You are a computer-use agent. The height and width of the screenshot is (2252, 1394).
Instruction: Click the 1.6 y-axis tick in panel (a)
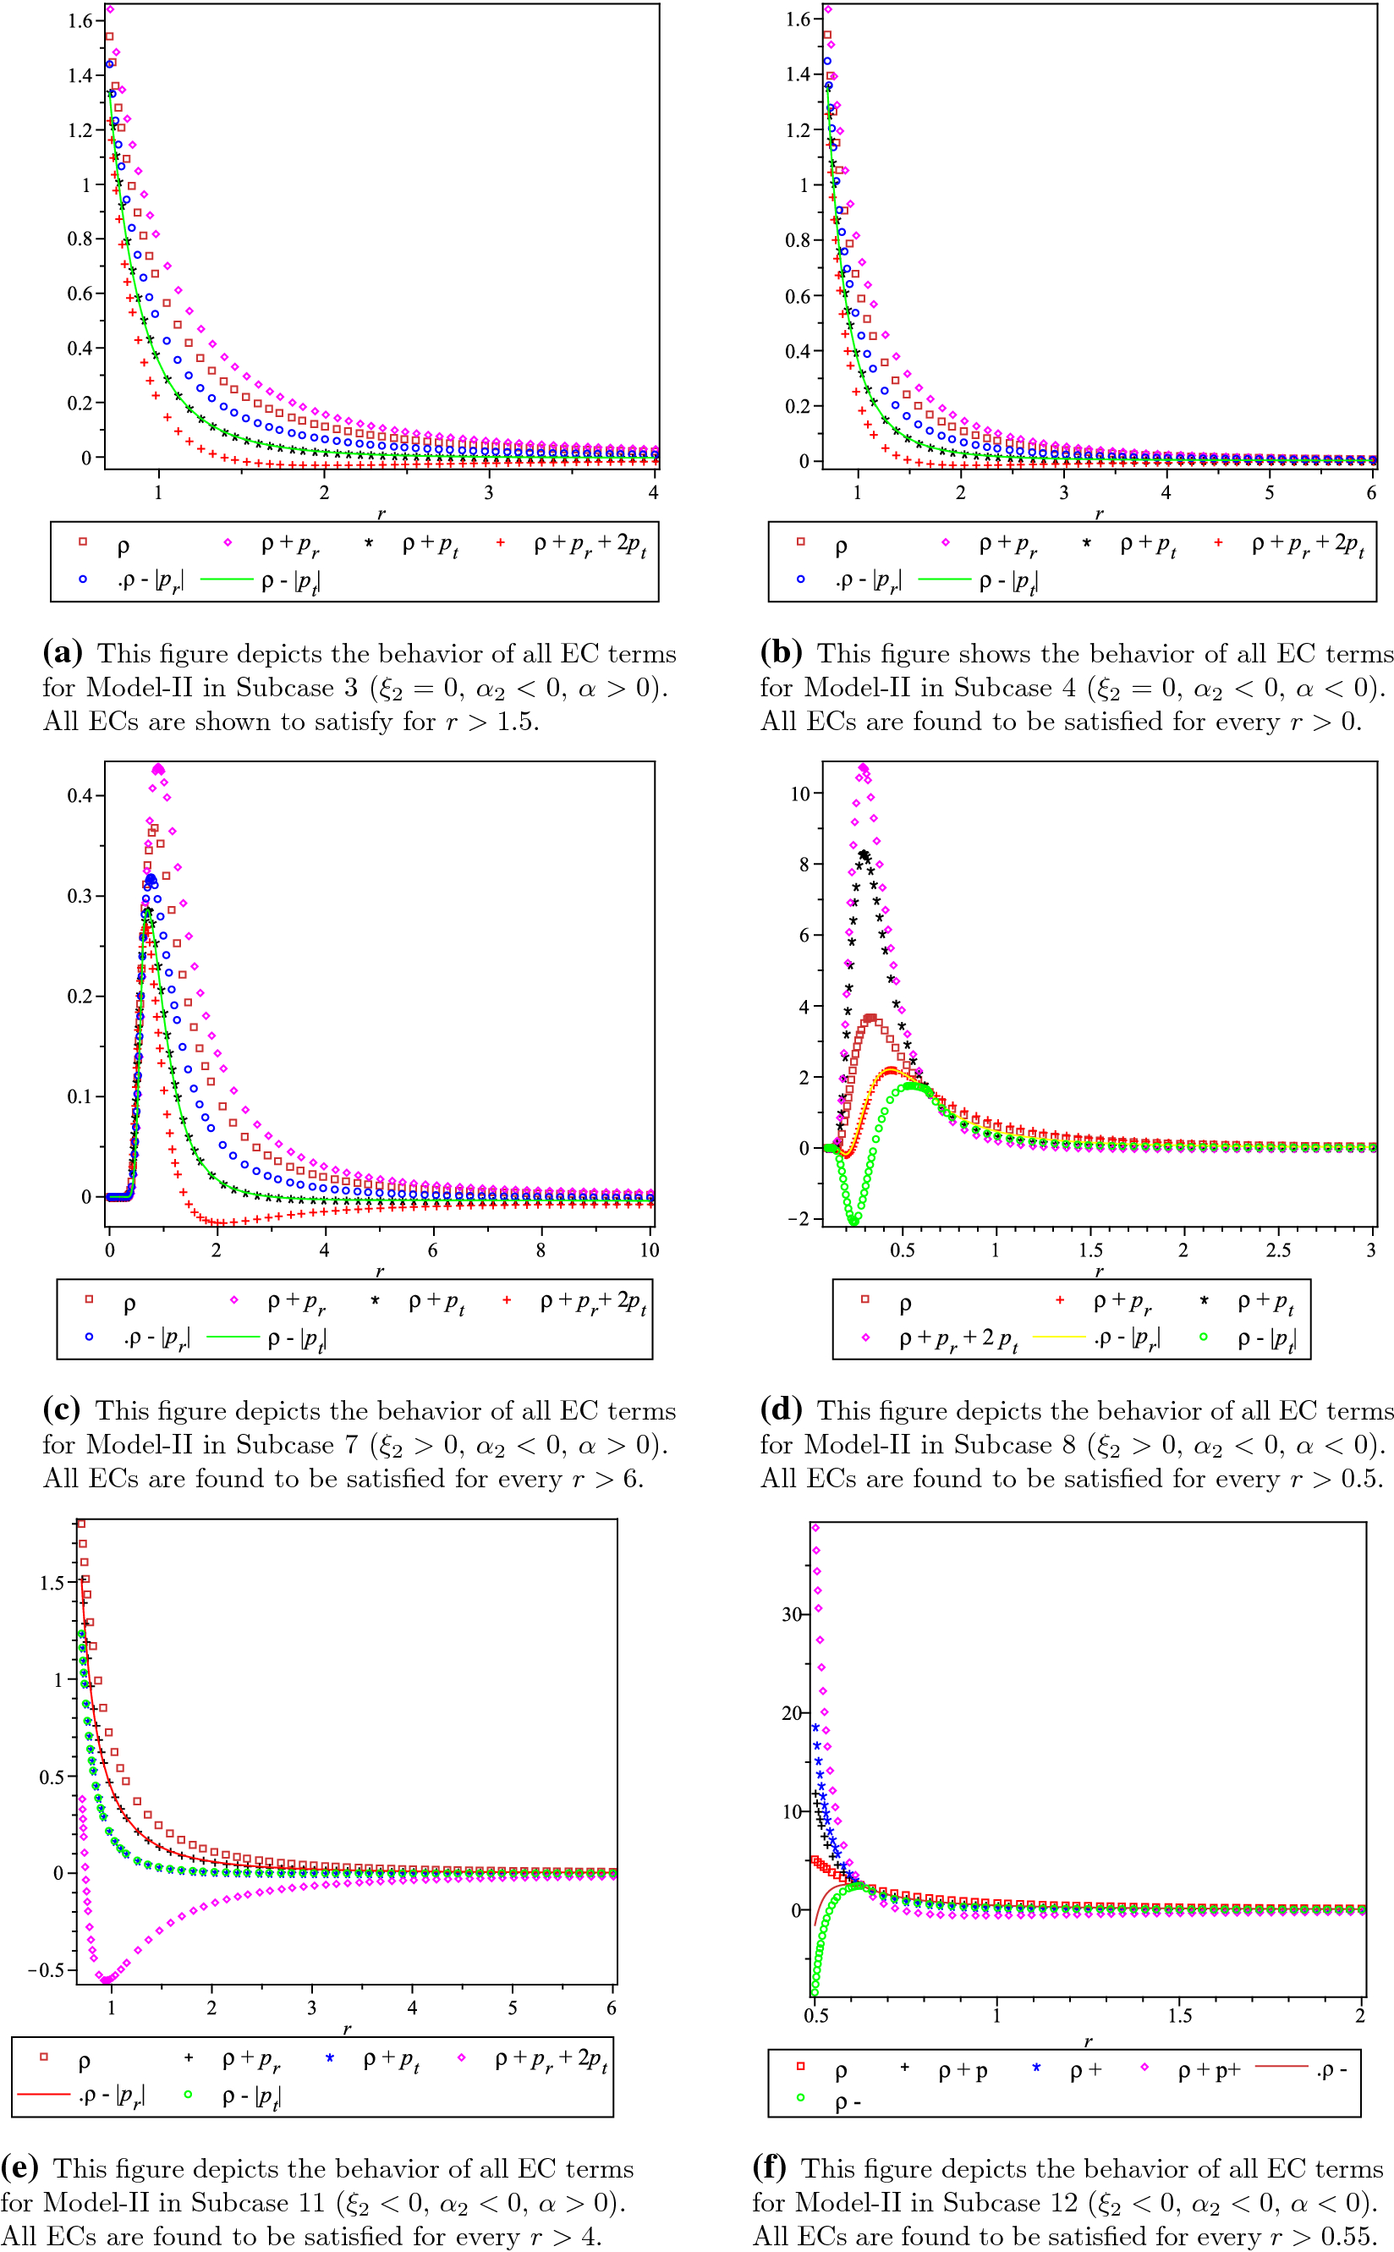pos(80,20)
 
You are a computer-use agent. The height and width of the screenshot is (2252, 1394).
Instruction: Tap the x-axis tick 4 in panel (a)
pos(653,492)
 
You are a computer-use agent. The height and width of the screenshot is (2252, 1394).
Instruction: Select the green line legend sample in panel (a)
pos(226,579)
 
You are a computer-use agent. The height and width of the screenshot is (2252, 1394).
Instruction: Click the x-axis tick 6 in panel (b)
pos(1371,492)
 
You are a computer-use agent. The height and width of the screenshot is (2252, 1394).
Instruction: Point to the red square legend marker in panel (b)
pos(800,542)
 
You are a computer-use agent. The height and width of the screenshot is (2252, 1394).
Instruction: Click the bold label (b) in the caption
pos(781,652)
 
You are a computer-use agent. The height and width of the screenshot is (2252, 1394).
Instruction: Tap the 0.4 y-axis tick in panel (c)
pos(80,795)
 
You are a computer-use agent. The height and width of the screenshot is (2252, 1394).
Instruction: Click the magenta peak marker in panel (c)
pos(158,769)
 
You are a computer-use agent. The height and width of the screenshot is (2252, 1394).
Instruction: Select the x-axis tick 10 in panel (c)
pos(649,1250)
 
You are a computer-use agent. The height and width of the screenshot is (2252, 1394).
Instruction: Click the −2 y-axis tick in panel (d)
pos(798,1219)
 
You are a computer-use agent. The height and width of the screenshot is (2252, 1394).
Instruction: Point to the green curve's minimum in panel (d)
pos(853,1221)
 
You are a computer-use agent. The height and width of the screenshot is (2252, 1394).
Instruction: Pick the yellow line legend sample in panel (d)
pos(1058,1337)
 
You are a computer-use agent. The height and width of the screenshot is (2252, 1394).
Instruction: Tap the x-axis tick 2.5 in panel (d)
pos(1278,1250)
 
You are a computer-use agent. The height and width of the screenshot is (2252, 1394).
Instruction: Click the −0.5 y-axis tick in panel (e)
pos(52,1970)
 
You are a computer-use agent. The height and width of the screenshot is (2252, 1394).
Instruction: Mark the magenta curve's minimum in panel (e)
pos(107,1979)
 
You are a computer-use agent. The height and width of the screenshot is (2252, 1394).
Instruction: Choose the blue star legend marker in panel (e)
pos(329,2057)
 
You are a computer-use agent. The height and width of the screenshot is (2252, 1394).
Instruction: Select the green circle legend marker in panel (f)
pos(800,2098)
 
